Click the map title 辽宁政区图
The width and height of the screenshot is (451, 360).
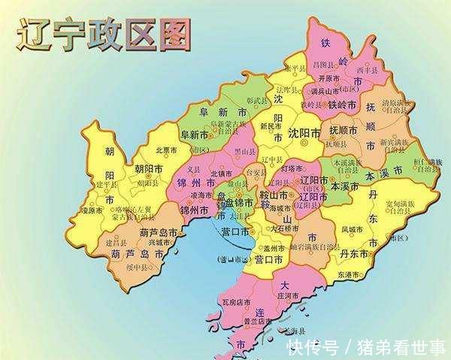104,34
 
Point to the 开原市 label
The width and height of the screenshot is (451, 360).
329,77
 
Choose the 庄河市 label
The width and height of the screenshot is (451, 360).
289,297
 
